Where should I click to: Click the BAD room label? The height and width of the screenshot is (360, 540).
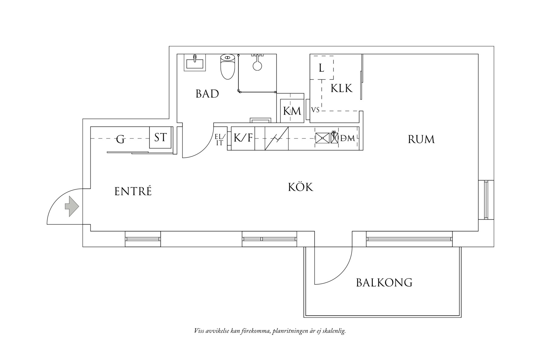click(207, 94)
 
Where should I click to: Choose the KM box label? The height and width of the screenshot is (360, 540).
click(292, 111)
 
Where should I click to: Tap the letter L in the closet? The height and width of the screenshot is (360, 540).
click(321, 68)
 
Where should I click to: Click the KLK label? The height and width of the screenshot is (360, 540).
click(341, 89)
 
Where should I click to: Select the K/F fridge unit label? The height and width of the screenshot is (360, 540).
click(243, 138)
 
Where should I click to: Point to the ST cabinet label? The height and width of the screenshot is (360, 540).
click(160, 137)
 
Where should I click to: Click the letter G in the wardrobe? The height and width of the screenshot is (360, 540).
click(120, 140)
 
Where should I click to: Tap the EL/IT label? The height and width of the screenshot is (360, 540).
click(220, 140)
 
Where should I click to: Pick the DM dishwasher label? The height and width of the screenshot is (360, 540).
click(347, 138)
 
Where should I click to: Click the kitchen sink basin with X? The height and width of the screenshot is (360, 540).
click(322, 138)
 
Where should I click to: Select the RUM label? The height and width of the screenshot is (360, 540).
click(421, 140)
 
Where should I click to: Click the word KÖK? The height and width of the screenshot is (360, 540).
click(300, 187)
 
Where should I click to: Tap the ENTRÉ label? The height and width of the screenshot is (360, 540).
click(133, 191)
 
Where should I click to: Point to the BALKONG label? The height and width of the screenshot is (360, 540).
click(384, 283)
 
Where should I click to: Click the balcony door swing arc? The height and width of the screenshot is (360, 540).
click(343, 273)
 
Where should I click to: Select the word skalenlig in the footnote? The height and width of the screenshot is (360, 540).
click(335, 331)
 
